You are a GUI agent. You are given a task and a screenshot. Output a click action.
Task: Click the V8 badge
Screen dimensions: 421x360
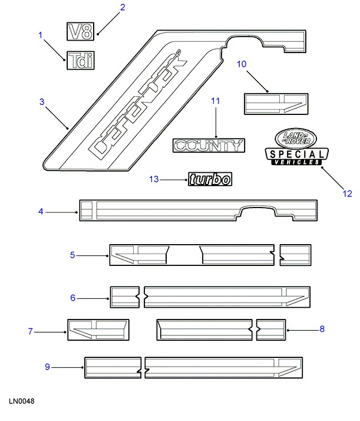[x=80, y=31]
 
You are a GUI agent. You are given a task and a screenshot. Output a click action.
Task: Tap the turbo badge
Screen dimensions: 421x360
[x=210, y=180]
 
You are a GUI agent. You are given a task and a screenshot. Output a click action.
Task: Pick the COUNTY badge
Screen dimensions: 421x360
[x=209, y=145]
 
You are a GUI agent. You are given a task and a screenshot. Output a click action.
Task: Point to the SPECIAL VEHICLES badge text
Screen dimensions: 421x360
[x=296, y=157]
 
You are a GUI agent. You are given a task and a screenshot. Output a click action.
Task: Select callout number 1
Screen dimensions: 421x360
[x=41, y=35]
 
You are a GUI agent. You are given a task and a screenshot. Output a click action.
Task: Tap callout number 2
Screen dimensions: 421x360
[x=123, y=8]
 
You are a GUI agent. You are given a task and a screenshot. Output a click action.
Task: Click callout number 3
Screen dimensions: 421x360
[x=42, y=102]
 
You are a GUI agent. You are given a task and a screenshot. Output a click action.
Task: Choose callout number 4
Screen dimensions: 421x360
[x=41, y=211]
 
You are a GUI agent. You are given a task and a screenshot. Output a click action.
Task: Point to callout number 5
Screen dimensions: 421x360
[x=72, y=255]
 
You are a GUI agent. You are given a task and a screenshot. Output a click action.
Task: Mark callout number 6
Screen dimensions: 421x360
[x=73, y=298]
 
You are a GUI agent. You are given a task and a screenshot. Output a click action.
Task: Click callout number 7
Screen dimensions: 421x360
[x=31, y=332]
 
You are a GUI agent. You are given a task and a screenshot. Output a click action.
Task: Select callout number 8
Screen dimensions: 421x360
[x=322, y=329]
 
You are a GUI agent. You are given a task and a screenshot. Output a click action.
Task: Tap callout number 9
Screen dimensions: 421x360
[x=48, y=367]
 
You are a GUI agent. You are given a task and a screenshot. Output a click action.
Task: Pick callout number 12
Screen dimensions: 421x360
[x=346, y=193]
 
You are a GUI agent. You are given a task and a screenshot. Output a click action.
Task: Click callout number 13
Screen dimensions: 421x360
[x=154, y=179]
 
